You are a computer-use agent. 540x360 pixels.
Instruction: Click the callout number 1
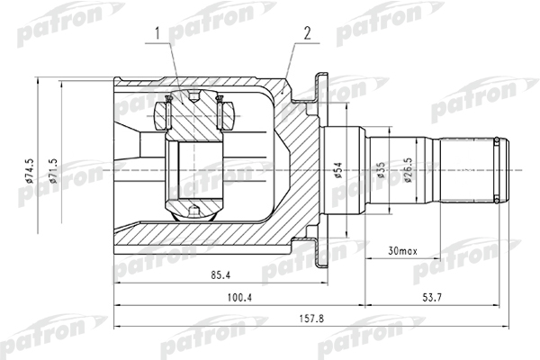157,34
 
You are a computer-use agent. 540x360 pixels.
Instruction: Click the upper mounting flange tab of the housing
317,88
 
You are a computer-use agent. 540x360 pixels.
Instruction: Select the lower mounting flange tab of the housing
317,248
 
